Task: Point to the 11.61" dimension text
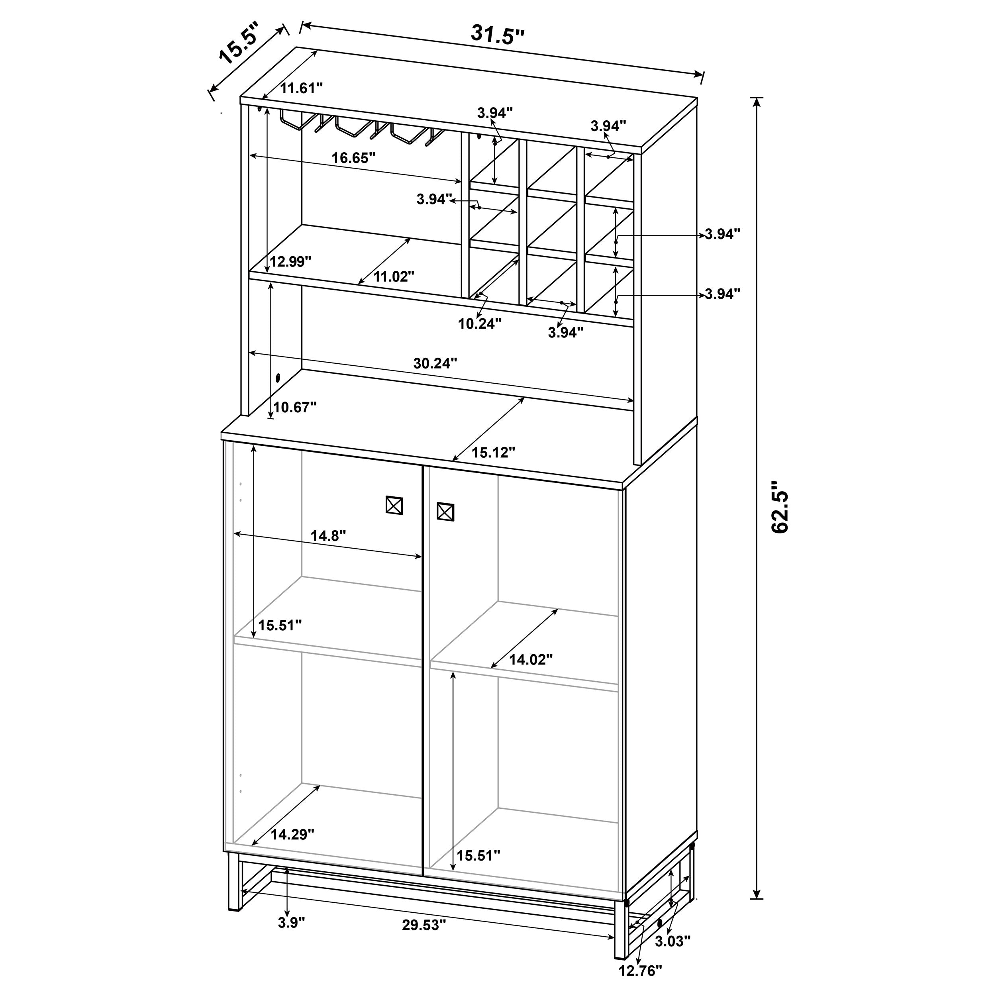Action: coord(301,88)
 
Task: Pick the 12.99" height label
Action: coord(290,261)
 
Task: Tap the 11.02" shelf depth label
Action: coord(394,277)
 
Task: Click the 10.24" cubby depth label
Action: coord(479,324)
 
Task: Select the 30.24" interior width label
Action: coord(435,363)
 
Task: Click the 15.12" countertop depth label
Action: coord(493,453)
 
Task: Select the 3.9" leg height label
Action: coord(291,923)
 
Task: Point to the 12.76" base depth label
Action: coord(640,971)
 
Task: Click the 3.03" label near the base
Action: coord(673,941)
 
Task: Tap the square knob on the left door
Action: coord(394,505)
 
